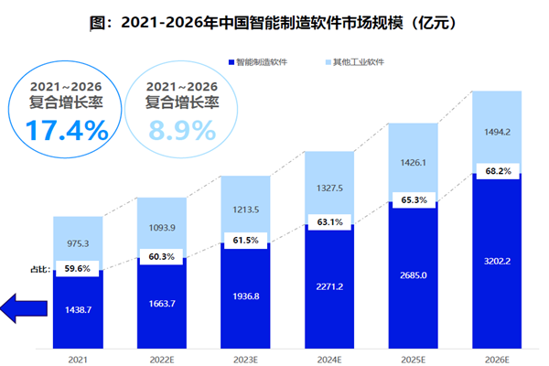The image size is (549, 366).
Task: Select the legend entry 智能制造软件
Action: (x=266, y=62)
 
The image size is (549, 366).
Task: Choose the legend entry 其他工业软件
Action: (x=357, y=62)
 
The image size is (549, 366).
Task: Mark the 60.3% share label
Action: (x=160, y=257)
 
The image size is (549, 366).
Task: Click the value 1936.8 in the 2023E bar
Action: (x=244, y=298)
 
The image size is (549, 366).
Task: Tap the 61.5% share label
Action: (x=244, y=240)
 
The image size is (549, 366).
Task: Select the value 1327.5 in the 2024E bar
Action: (x=328, y=189)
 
